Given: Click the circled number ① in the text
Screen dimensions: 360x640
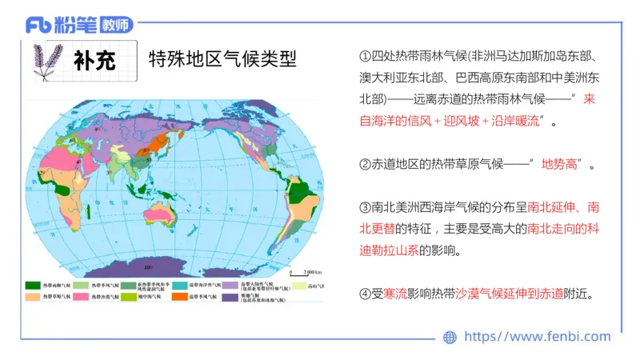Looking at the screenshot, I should click(x=366, y=57).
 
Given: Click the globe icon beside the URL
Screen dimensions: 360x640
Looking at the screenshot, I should click(x=450, y=337).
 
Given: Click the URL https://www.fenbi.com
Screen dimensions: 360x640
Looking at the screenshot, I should click(x=537, y=337).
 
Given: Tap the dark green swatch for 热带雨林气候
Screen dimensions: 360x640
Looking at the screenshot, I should click(x=33, y=285).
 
